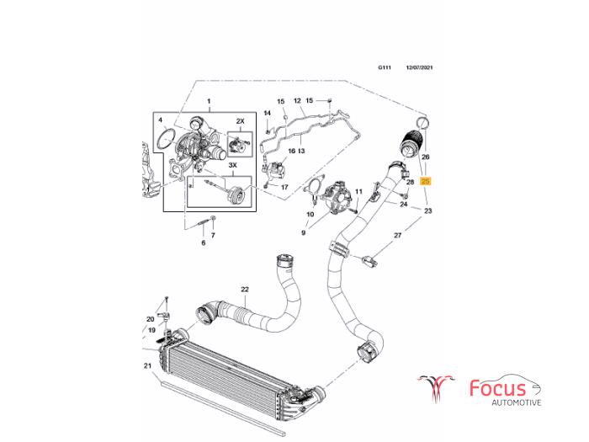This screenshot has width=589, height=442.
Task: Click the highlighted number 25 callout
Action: click(x=426, y=181)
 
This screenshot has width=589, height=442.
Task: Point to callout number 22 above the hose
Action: click(x=245, y=290)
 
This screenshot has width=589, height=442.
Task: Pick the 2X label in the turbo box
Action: click(x=240, y=122)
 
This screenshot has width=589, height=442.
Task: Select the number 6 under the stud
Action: click(x=202, y=242)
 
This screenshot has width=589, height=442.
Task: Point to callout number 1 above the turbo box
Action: click(x=210, y=101)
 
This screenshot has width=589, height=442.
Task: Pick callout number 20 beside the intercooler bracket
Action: click(x=150, y=319)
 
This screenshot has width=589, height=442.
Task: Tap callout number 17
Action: click(x=284, y=186)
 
